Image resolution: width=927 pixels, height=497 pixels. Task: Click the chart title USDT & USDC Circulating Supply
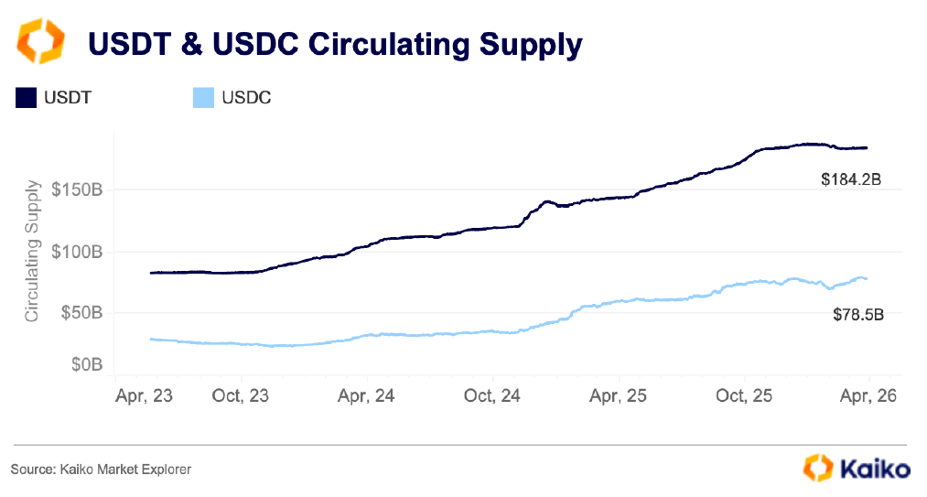tap(334, 44)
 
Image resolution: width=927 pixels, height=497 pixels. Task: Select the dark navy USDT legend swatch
tap(26, 97)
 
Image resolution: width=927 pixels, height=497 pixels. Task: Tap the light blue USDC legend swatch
tap(203, 97)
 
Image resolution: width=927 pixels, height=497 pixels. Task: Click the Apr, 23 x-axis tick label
tap(144, 396)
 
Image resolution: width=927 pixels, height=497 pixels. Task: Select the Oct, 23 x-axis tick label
tap(242, 396)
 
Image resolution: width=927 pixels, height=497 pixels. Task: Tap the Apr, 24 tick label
tap(366, 396)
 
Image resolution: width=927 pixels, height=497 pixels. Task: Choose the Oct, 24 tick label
tap(492, 396)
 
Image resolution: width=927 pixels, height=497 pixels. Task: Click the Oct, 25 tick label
tap(744, 396)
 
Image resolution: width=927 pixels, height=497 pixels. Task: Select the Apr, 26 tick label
tap(868, 396)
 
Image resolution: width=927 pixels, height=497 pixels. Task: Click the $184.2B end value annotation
tap(851, 179)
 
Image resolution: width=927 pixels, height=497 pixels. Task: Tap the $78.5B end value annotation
tap(857, 315)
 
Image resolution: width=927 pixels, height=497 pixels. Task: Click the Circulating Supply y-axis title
tap(32, 252)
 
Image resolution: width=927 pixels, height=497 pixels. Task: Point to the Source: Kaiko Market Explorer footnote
tap(101, 470)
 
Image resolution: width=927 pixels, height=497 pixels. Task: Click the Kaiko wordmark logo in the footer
tap(873, 469)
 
